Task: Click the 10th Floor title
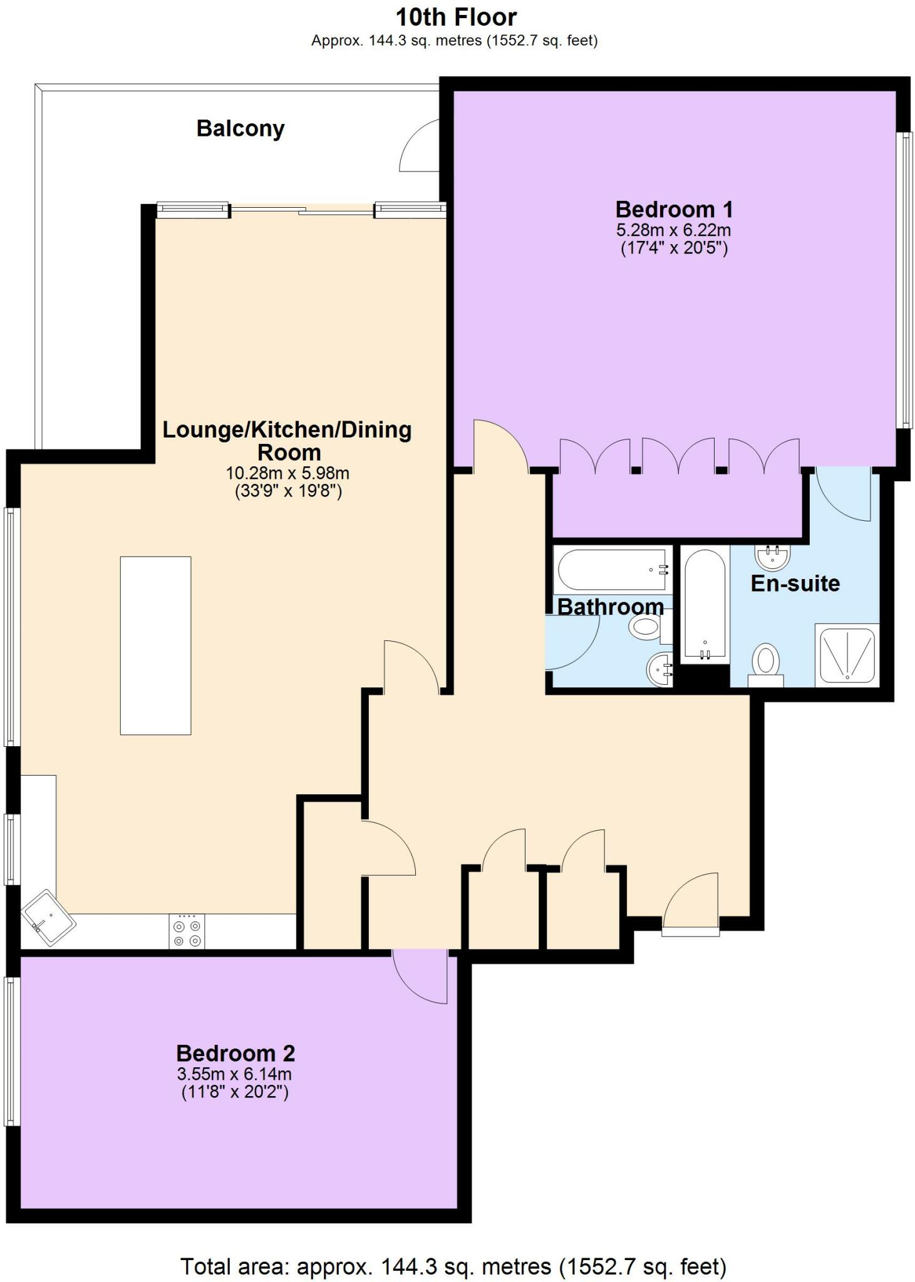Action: [456, 17]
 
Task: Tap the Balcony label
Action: [240, 128]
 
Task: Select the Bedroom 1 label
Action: [674, 209]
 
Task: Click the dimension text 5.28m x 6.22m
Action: [674, 230]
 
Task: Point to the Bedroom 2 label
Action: [235, 1053]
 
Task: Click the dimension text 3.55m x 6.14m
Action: [234, 1074]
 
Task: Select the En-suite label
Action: [795, 583]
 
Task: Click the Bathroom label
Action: [610, 607]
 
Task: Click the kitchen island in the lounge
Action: [155, 645]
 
